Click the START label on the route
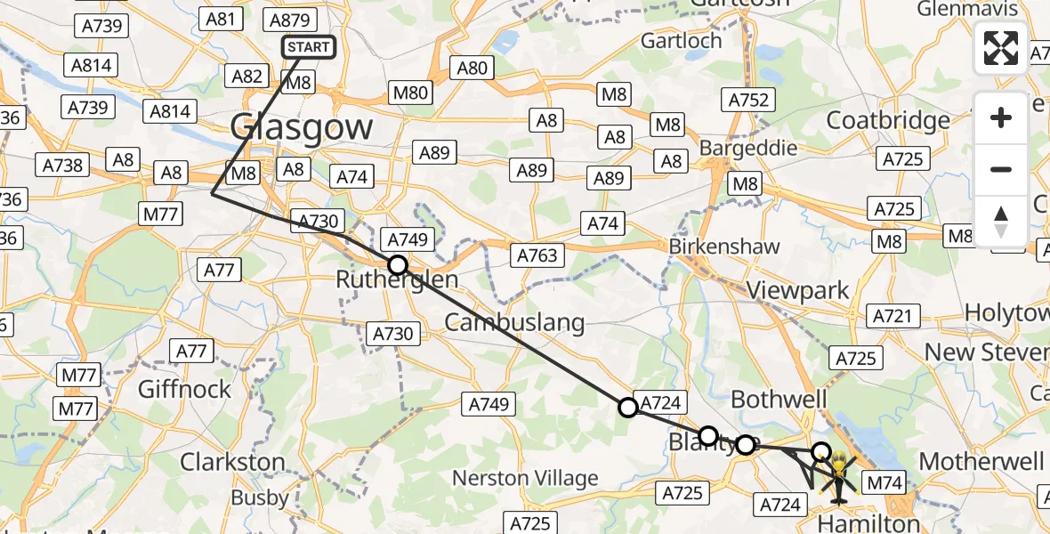[x=309, y=47]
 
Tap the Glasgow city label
[x=302, y=127]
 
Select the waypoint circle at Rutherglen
[x=398, y=265]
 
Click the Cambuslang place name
[x=515, y=322]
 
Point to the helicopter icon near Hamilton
[x=838, y=473]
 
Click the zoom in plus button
[x=1001, y=117]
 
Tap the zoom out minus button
[x=1001, y=169]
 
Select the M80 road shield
[x=410, y=92]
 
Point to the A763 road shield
[x=538, y=255]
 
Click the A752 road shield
[x=748, y=100]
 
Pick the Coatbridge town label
[x=888, y=120]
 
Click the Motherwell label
[x=982, y=461]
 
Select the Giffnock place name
[x=185, y=389]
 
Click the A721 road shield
[x=893, y=315]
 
